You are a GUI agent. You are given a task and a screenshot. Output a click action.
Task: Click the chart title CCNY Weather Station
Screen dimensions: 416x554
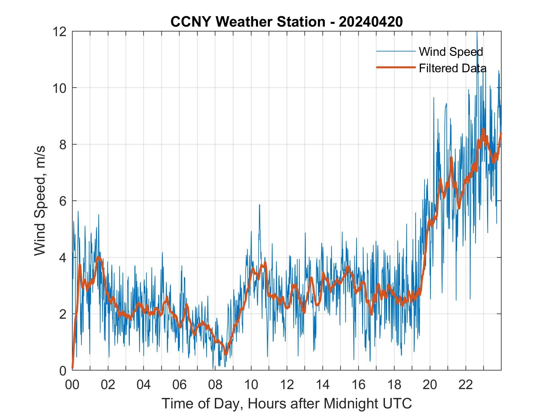click(x=247, y=22)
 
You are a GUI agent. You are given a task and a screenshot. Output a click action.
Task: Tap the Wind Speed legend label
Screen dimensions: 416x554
click(x=451, y=52)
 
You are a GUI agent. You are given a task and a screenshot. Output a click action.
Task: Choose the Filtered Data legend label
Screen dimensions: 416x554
click(x=452, y=68)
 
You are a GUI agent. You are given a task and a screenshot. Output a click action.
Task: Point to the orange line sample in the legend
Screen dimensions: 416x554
click(x=396, y=67)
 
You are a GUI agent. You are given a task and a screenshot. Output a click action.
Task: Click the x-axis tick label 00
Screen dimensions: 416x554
click(x=72, y=385)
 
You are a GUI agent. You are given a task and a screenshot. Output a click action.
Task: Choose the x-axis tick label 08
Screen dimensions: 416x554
click(x=215, y=385)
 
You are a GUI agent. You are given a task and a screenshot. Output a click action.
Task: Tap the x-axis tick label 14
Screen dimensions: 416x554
click(x=323, y=385)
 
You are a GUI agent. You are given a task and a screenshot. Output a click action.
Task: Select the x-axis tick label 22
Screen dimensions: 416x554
click(x=466, y=385)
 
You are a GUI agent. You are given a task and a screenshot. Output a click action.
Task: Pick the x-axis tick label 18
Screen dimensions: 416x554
click(x=394, y=385)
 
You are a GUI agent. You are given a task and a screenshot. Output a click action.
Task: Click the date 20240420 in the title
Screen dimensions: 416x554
click(x=371, y=22)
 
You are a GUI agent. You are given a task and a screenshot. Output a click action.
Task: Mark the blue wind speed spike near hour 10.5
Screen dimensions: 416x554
click(x=259, y=206)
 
